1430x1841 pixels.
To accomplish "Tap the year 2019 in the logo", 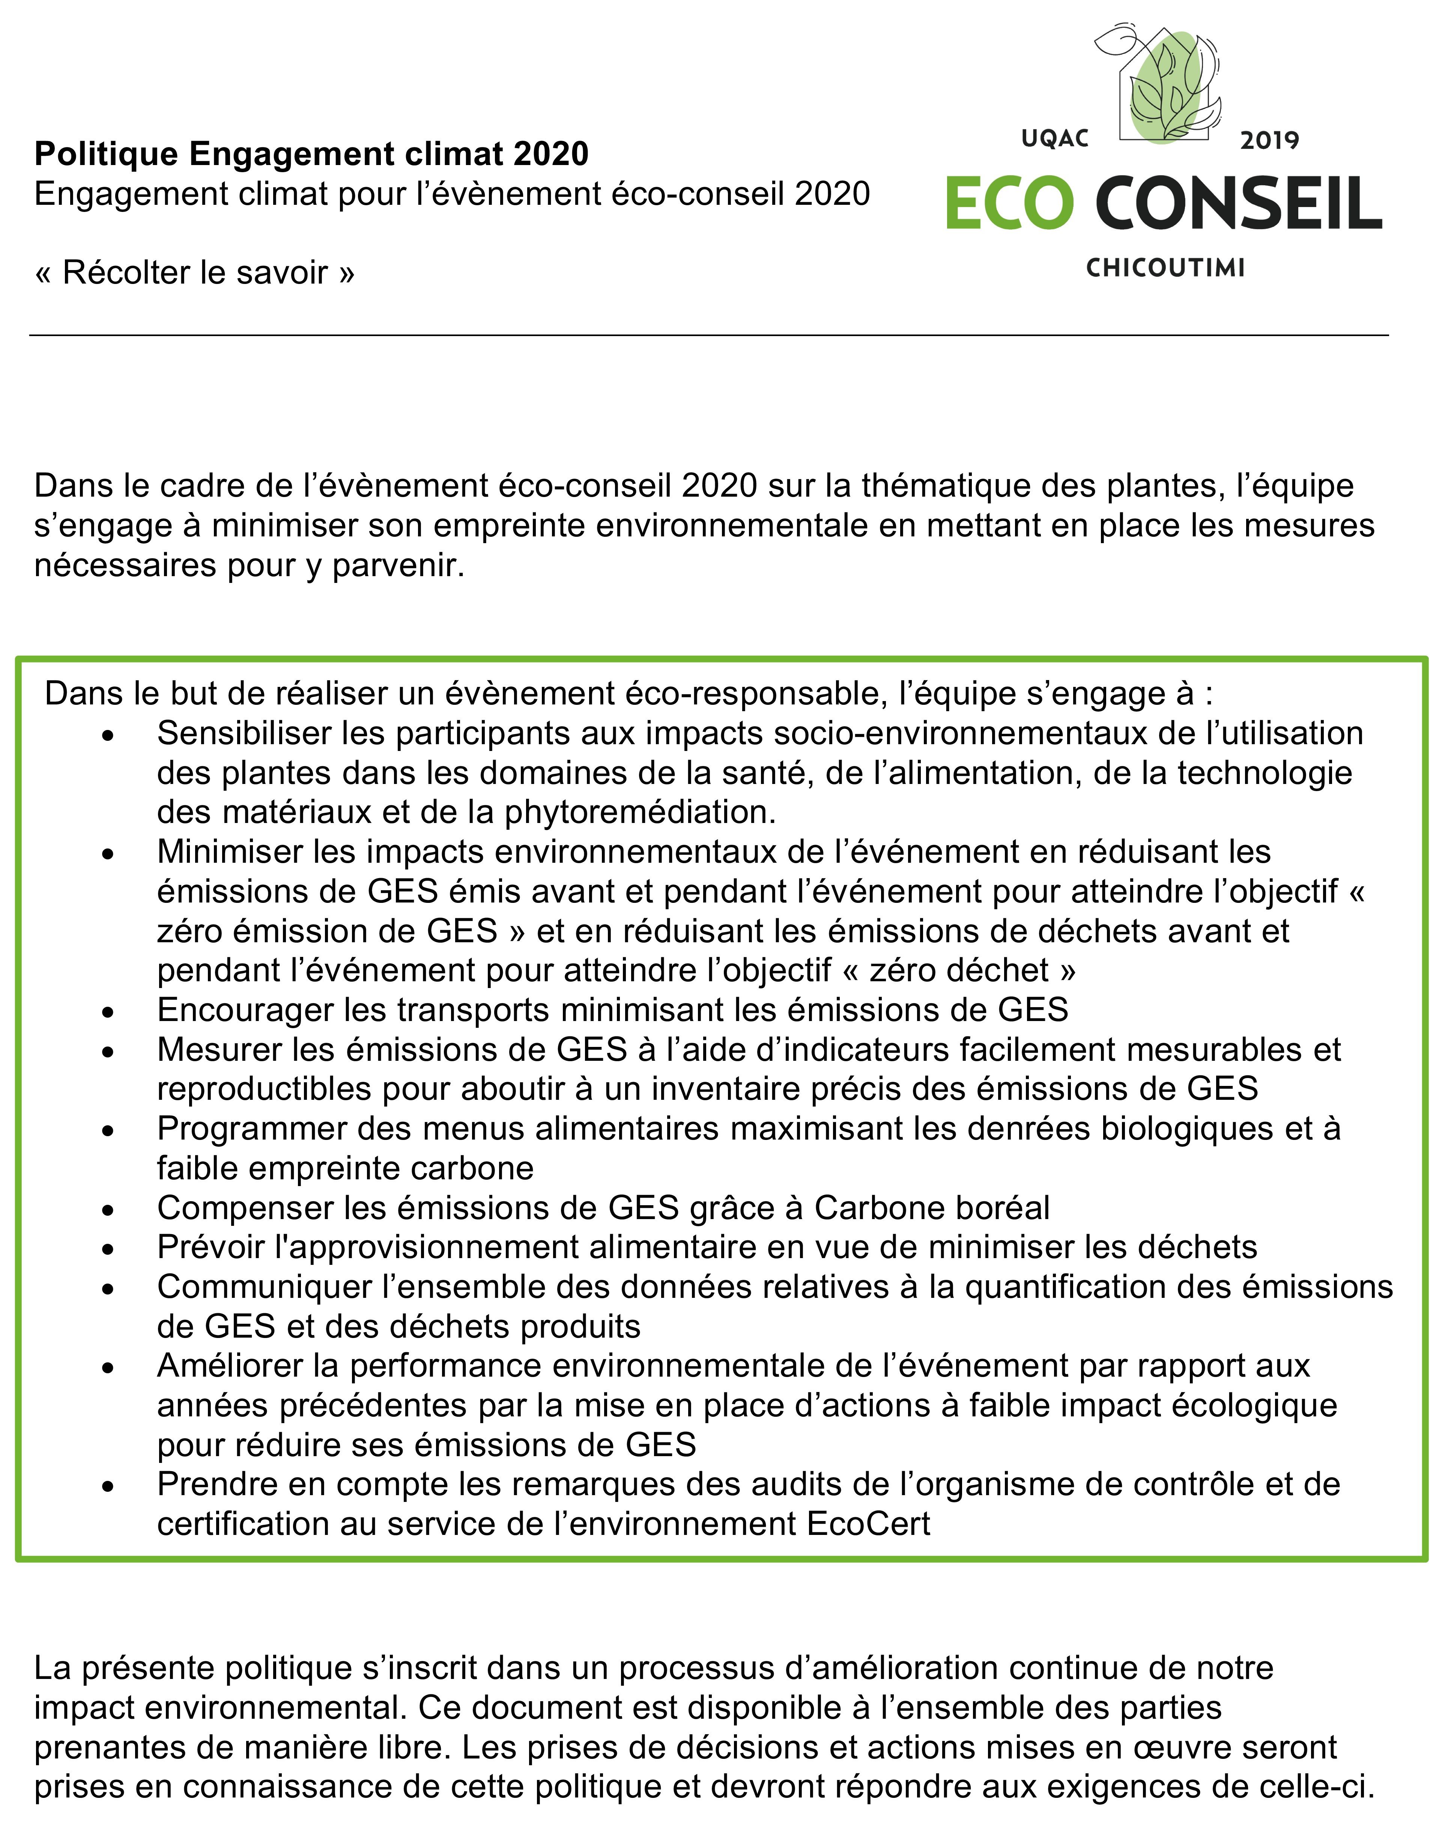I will (x=1269, y=140).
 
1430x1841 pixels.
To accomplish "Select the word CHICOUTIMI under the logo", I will (x=1165, y=268).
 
